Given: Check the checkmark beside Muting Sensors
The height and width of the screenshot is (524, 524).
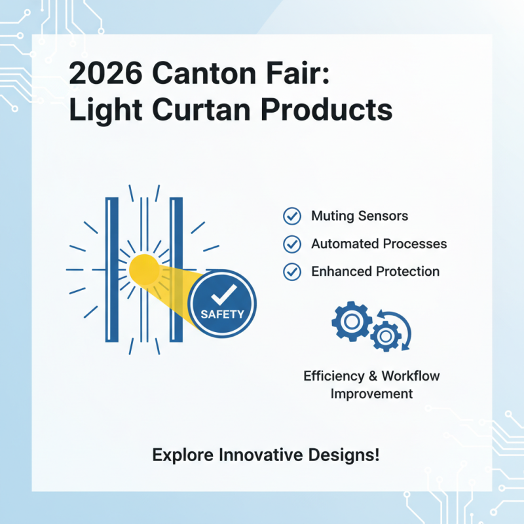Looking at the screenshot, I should coord(291,216).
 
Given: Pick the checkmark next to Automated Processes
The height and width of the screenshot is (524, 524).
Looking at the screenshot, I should coord(291,244).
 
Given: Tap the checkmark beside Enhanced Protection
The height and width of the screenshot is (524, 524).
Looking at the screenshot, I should coord(291,271).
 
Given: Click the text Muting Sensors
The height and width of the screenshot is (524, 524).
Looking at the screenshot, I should coord(360,216).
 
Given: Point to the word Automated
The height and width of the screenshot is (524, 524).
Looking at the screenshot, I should coord(343,244).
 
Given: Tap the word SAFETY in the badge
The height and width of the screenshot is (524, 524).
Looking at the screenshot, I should coord(222,314).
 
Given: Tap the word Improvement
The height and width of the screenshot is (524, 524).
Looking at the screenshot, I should coord(371,394).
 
